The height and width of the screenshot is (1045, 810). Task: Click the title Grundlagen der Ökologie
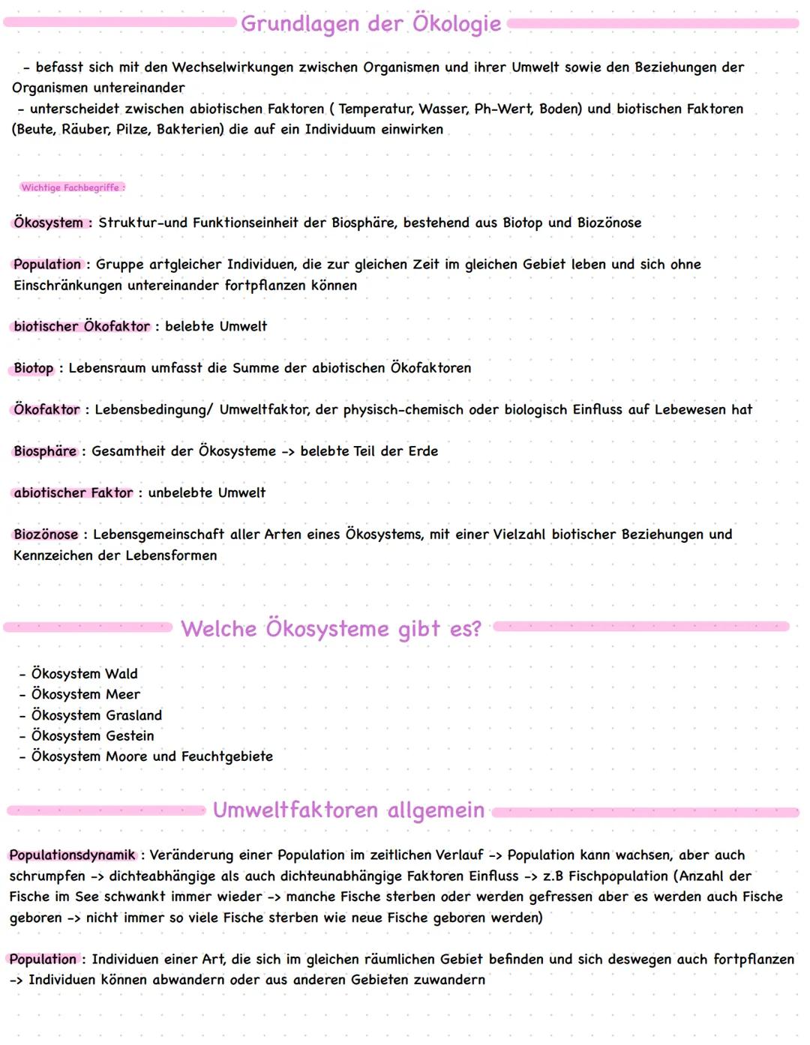[370, 24]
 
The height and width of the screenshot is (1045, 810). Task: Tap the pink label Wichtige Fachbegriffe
[72, 187]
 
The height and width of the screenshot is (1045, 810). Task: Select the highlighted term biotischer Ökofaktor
[82, 326]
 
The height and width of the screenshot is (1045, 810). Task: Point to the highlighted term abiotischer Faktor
[73, 493]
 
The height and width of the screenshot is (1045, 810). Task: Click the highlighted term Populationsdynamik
[73, 855]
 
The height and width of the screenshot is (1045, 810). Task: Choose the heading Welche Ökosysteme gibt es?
[331, 628]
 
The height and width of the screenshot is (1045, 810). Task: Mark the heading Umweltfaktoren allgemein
[348, 810]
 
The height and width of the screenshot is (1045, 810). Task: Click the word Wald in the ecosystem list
[121, 674]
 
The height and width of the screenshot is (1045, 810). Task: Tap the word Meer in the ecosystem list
[123, 694]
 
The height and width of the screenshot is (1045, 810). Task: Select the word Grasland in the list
[133, 715]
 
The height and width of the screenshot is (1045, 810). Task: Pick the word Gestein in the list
[130, 735]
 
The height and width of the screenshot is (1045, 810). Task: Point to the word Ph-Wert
[503, 109]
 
